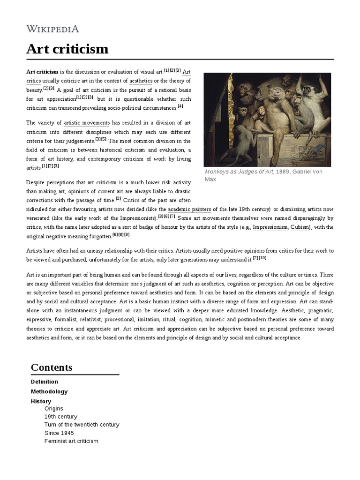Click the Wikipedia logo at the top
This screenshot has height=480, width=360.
click(52, 29)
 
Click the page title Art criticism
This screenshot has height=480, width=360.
click(67, 49)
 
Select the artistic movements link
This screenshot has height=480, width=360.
click(86, 123)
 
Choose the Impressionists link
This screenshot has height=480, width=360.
click(137, 218)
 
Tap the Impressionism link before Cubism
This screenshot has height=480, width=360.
click(270, 227)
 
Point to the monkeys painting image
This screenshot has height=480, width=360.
click(267, 120)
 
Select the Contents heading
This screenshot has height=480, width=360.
click(52, 367)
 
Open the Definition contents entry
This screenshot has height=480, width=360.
click(45, 382)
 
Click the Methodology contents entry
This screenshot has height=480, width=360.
click(49, 391)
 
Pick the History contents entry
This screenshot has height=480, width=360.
click(41, 401)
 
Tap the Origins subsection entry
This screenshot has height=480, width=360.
click(54, 409)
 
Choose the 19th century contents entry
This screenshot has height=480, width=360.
click(61, 417)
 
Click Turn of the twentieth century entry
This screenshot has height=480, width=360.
click(82, 425)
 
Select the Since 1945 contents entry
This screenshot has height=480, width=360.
click(59, 433)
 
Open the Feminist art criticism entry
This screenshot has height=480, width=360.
click(71, 441)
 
